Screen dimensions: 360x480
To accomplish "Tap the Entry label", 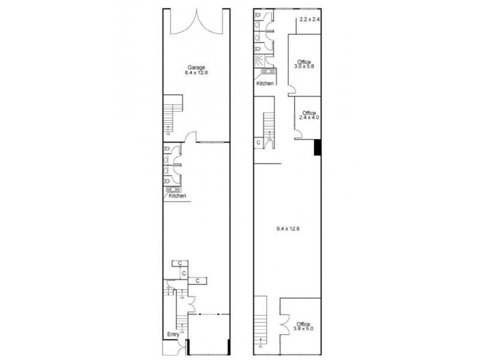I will (173, 335).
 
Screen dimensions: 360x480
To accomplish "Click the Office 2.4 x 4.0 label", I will (309, 115).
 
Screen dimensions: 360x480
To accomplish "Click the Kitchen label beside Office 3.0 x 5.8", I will (265, 83).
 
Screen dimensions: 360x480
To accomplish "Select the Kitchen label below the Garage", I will (177, 196).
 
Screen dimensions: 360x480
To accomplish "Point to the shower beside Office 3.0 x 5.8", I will (259, 61).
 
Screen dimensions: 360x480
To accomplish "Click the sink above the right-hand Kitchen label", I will (265, 73).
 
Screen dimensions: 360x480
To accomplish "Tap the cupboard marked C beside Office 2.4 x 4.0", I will (258, 143).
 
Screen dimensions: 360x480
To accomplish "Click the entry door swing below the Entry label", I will (180, 347).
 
